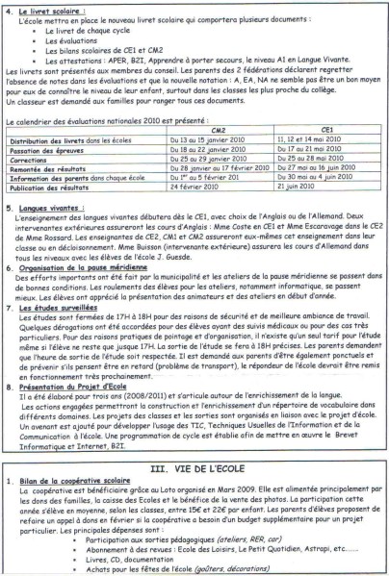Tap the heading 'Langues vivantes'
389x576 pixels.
click(x=50, y=201)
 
